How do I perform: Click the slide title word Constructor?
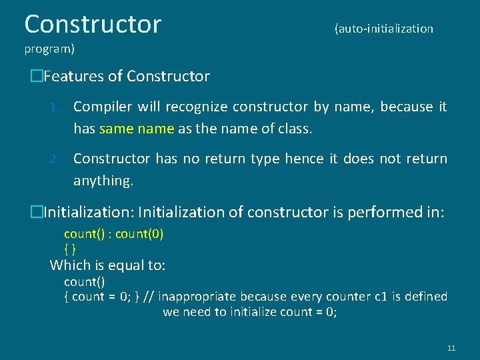[x=93, y=24]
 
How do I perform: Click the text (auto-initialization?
[x=383, y=29]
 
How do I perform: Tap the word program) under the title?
[x=49, y=49]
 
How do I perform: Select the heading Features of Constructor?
[x=126, y=77]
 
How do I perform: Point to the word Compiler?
[x=101, y=107]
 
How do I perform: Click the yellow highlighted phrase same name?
[x=137, y=129]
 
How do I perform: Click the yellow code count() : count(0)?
[x=113, y=234]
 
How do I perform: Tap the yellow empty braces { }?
[x=69, y=249]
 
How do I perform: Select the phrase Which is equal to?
[x=108, y=265]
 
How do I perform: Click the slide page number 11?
[x=451, y=348]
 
